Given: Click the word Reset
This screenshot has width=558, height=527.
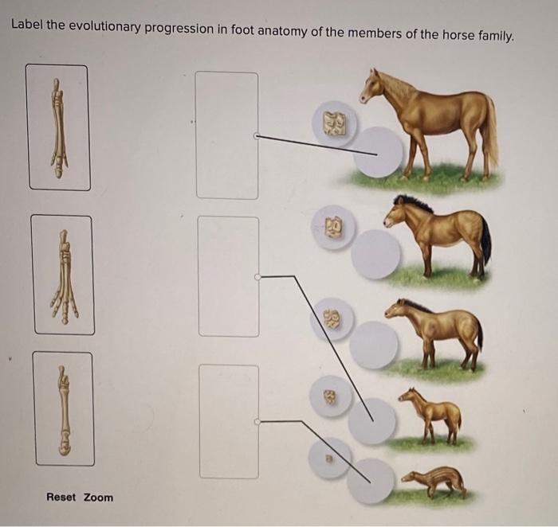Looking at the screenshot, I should (61, 498).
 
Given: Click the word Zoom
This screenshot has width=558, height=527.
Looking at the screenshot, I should (99, 498).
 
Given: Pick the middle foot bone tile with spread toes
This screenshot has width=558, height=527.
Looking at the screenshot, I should (63, 275).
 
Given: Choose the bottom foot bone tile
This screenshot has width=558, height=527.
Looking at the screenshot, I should (63, 408).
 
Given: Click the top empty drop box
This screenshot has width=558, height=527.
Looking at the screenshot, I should (227, 135).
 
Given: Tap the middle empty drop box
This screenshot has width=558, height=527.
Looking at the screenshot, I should (229, 276).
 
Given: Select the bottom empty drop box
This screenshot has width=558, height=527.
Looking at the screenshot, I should (229, 421).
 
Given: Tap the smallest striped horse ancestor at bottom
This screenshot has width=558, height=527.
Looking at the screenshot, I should (434, 481).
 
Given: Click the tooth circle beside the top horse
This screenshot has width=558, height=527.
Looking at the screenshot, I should (334, 123).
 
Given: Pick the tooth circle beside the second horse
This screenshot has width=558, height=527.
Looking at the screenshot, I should (334, 227).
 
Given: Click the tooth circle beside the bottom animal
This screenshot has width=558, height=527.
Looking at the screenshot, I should (329, 459).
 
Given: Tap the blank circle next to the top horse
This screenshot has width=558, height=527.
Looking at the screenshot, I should (378, 152).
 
